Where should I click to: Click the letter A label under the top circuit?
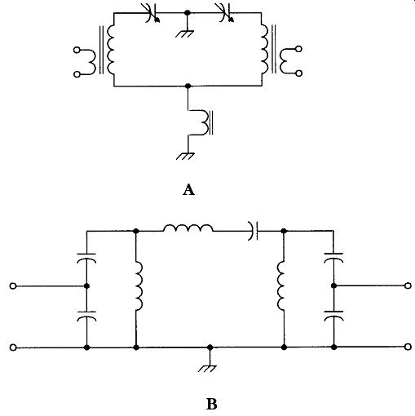(188, 189)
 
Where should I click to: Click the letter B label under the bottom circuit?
(212, 404)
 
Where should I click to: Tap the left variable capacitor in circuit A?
(152, 13)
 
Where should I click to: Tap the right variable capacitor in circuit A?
(226, 13)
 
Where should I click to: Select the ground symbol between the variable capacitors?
(184, 33)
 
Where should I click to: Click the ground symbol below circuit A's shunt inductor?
(185, 157)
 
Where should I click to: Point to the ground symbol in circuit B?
(207, 369)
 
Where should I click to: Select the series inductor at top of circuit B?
(188, 228)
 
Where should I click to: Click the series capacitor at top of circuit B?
(253, 231)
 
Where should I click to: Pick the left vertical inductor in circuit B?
(139, 285)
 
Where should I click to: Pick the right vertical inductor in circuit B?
(281, 285)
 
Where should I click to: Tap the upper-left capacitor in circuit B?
(86, 258)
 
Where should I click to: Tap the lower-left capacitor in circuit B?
(86, 316)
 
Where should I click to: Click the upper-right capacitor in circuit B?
(333, 258)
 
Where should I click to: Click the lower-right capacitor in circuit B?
(333, 316)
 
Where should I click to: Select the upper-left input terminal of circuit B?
(13, 286)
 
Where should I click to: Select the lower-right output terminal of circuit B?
(408, 347)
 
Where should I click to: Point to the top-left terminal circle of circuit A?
(77, 50)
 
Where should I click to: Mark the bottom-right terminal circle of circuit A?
(299, 73)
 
